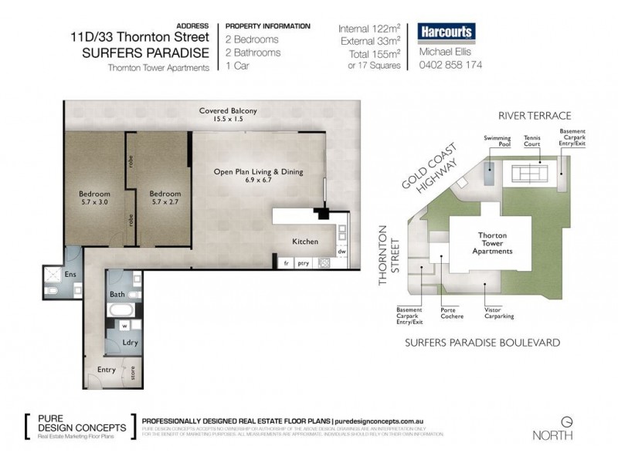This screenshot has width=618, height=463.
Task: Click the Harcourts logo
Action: point(447,32)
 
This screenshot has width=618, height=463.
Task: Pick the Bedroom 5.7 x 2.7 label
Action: point(164,198)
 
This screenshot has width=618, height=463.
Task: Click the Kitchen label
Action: point(305,242)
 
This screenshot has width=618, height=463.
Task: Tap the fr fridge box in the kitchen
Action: point(286,263)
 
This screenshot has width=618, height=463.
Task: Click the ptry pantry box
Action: point(304,263)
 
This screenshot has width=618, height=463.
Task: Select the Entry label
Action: point(106,370)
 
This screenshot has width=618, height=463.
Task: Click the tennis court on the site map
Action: point(530,171)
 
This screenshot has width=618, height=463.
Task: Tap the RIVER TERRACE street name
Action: point(534,116)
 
